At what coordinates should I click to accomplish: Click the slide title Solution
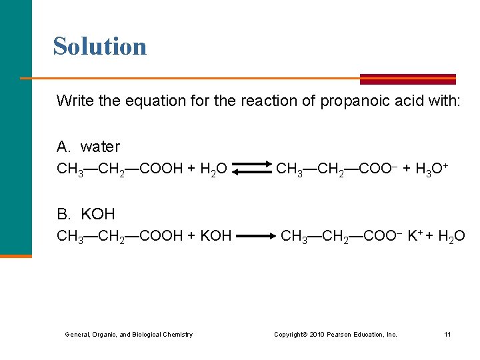100,46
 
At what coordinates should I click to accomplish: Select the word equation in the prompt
129,101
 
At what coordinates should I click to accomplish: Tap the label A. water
89,147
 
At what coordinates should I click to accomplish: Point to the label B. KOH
86,214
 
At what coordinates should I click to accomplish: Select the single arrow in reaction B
255,235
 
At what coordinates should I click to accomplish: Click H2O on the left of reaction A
214,169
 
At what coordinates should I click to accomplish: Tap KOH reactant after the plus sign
215,235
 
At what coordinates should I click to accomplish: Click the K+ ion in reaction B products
414,235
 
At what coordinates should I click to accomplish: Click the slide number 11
447,334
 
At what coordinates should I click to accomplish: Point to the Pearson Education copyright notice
335,334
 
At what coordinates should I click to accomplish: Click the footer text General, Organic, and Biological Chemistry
129,334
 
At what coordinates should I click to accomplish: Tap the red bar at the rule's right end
407,79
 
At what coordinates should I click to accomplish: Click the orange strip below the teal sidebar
15,255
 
